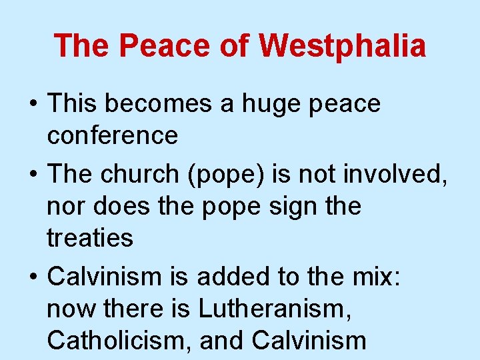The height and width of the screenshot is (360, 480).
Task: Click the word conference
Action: pyautogui.click(x=113, y=135)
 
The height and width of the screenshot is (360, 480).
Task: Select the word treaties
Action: pyautogui.click(x=90, y=238)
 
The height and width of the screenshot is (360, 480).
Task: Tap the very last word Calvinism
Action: pyautogui.click(x=309, y=341)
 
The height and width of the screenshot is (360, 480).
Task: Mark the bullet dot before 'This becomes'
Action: pyautogui.click(x=33, y=105)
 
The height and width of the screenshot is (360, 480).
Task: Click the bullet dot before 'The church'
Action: pyautogui.click(x=33, y=174)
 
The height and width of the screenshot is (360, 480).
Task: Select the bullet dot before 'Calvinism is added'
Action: pyautogui.click(x=33, y=277)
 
